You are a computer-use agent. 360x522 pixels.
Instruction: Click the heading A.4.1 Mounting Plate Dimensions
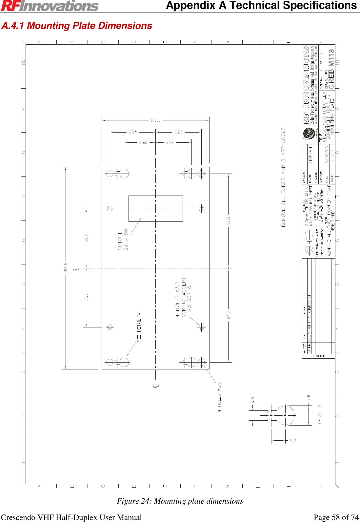tap(77, 26)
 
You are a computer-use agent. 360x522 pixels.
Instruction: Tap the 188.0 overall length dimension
tap(66, 267)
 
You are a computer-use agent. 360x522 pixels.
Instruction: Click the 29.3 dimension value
tap(143, 142)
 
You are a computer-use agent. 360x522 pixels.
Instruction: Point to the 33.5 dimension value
tap(169, 142)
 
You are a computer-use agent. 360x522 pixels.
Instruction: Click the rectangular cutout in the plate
tap(155, 208)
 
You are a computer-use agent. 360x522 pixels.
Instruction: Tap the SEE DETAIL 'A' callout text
tap(139, 326)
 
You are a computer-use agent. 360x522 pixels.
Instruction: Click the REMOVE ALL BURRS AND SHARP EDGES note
tap(283, 177)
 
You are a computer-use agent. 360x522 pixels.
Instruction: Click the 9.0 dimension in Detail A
tap(309, 398)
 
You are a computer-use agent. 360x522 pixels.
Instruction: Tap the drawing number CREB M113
tap(331, 69)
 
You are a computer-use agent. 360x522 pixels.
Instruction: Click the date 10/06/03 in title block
tap(327, 156)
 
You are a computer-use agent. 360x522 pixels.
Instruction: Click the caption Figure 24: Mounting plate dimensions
tap(180, 501)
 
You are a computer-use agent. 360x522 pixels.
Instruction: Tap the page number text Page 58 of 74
tap(336, 517)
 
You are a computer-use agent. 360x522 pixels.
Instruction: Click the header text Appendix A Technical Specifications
tap(261, 6)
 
